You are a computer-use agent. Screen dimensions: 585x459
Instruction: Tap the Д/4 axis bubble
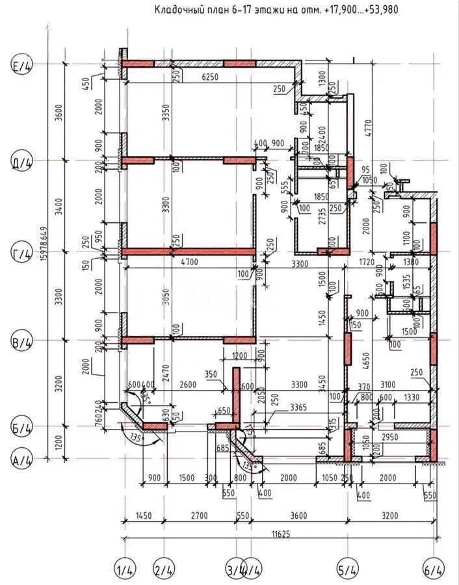[x=23, y=161]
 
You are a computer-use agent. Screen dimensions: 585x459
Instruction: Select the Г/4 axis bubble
[x=23, y=253]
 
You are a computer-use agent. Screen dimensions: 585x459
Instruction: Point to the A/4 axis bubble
[x=23, y=460]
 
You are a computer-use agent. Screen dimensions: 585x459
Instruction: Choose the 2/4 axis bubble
[x=164, y=570]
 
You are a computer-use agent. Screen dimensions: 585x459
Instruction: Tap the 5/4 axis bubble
[x=347, y=570]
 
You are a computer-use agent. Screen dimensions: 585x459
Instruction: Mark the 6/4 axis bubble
[x=434, y=570]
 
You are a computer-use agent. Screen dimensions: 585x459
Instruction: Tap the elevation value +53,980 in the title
[x=375, y=9]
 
